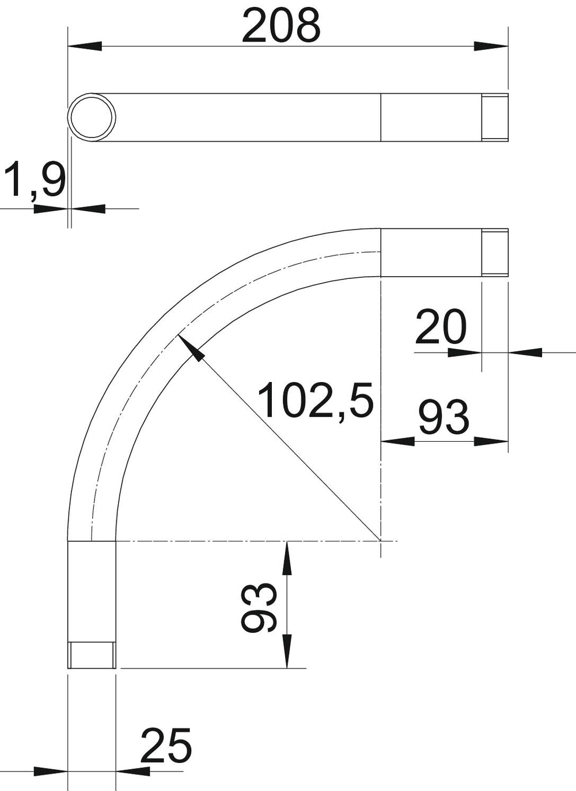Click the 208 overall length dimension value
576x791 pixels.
[x=281, y=26]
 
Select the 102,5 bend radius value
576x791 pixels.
[x=316, y=400]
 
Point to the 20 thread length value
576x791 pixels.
[x=441, y=326]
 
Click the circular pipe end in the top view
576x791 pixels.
[x=92, y=117]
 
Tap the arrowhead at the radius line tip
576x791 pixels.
[x=191, y=348]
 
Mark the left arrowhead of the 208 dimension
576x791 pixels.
[x=85, y=46]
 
